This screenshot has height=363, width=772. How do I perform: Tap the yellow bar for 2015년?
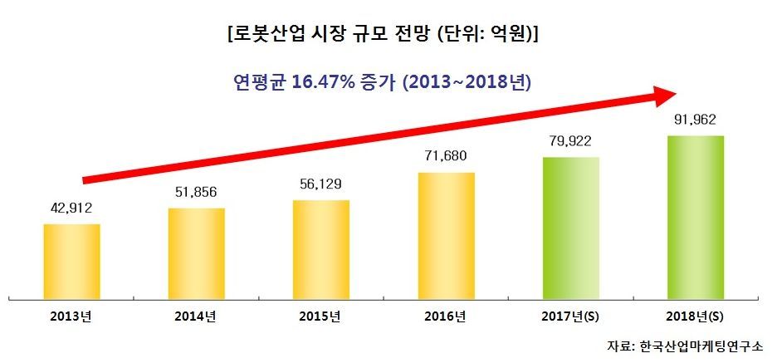(x=320, y=248)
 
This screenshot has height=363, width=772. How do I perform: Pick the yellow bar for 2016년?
(x=446, y=234)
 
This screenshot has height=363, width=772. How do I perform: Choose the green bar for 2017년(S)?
(x=570, y=226)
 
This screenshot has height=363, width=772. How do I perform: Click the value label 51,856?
(x=196, y=192)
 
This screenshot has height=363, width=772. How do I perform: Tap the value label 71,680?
(x=446, y=156)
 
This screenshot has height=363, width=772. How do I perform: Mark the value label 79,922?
(x=570, y=140)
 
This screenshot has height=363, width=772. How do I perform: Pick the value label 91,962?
(x=696, y=119)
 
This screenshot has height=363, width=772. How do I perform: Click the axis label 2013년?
(x=71, y=316)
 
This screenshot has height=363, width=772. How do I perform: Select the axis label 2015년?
(x=320, y=316)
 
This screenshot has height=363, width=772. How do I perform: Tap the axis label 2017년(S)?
(x=570, y=316)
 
